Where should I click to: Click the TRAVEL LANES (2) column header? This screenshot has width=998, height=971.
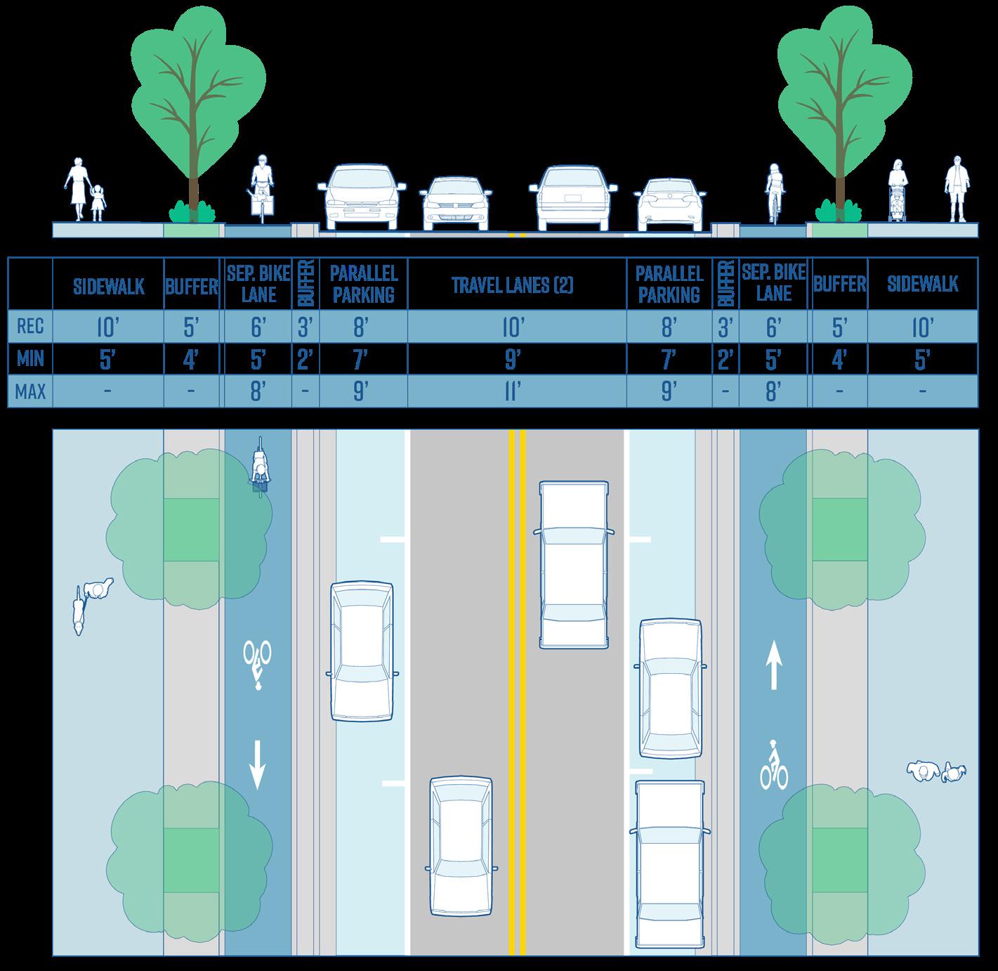(x=513, y=285)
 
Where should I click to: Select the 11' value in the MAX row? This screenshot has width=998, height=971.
(x=512, y=391)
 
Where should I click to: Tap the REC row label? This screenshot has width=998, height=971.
(x=30, y=326)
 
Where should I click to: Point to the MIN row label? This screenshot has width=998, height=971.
(x=30, y=359)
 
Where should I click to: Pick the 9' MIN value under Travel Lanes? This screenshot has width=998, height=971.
(x=512, y=359)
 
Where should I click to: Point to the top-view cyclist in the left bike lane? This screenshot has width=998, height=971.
(x=261, y=467)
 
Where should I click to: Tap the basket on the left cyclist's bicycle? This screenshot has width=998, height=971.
(x=263, y=204)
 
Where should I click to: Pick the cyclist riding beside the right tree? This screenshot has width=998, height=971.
(x=774, y=193)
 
